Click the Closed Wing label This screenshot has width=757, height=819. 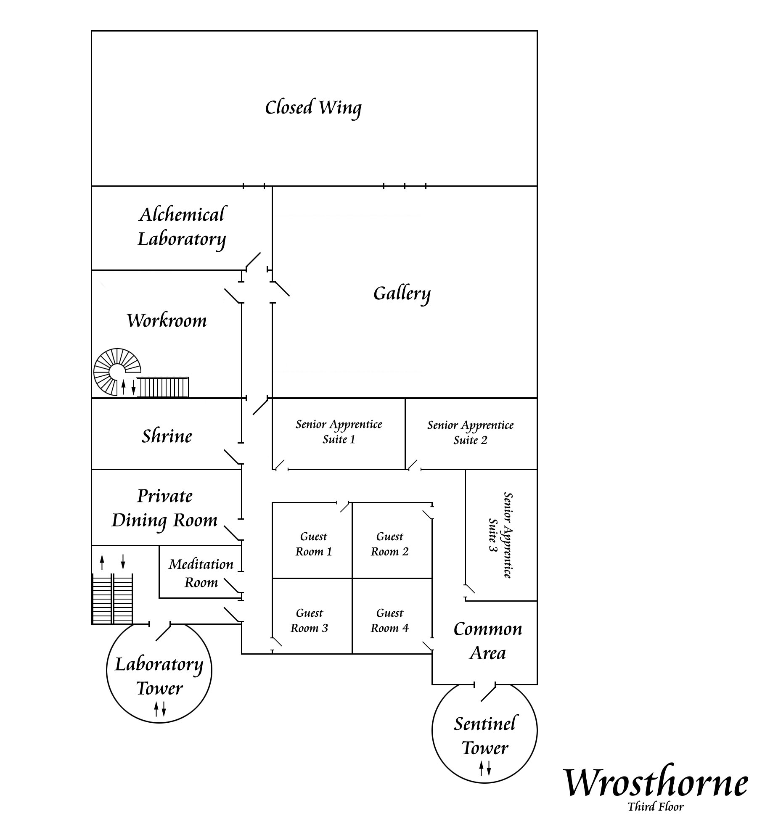click(313, 108)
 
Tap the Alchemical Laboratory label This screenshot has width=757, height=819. click(182, 227)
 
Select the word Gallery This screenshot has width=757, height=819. click(402, 293)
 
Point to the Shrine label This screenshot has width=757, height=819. click(167, 436)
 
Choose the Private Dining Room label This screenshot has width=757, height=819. click(164, 508)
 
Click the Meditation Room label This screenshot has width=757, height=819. click(201, 573)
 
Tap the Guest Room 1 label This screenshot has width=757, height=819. click(314, 544)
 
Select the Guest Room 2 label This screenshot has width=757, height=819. click(390, 544)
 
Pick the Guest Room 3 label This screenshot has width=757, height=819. click(310, 621)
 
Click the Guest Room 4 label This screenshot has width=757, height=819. click(390, 621)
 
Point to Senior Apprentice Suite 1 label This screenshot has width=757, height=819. click(339, 432)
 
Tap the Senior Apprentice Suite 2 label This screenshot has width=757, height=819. click(471, 433)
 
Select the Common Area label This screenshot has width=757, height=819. click(488, 641)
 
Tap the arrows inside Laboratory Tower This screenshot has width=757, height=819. click(159, 708)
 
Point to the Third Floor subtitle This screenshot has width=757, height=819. click(656, 806)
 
